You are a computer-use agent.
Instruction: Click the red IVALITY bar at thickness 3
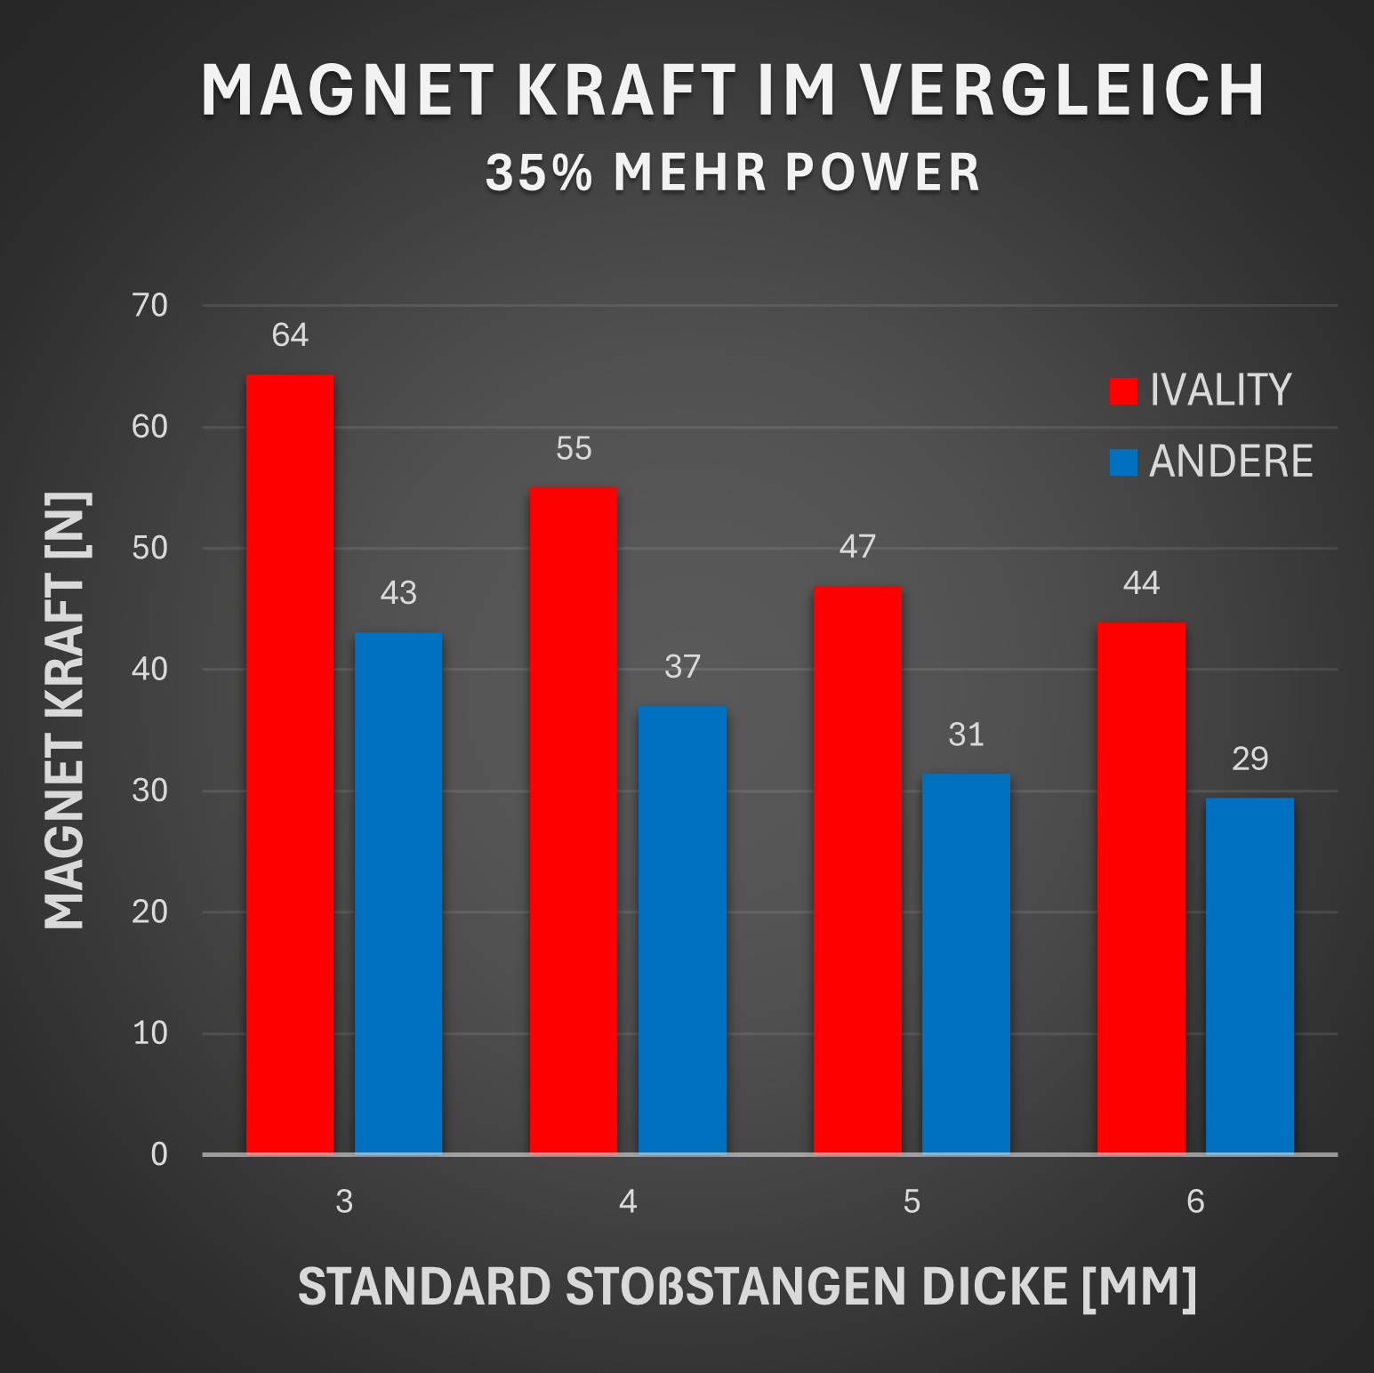[290, 765]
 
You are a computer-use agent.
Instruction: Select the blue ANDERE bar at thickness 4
[682, 930]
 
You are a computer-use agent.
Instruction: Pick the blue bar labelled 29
[1249, 976]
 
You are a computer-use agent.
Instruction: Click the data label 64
[290, 335]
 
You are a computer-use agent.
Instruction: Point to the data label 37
[682, 667]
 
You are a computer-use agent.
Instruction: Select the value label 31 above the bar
[966, 735]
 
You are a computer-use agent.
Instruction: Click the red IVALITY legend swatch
[1123, 391]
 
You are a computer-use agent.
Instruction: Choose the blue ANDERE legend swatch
[1123, 462]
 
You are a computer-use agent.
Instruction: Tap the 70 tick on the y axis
[149, 306]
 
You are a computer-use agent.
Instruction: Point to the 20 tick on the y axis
[149, 911]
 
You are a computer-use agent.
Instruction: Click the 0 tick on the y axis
[159, 1154]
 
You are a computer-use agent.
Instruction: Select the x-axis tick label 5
[912, 1201]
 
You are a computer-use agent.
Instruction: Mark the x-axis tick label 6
[1195, 1201]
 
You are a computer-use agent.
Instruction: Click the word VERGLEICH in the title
[1062, 90]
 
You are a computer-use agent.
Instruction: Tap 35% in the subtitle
[539, 173]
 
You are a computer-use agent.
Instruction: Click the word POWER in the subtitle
[882, 173]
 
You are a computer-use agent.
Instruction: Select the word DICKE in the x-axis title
[993, 1287]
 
